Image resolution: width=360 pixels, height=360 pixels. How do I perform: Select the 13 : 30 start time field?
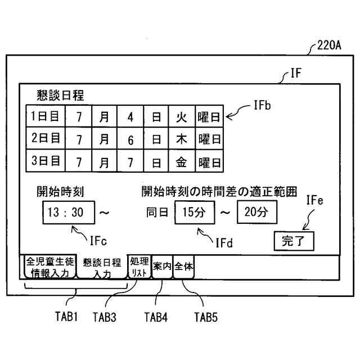pyautogui.click(x=66, y=212)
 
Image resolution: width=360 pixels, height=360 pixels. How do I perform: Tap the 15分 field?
pyautogui.click(x=195, y=212)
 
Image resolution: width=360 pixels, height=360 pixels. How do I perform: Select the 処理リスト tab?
pyautogui.click(x=139, y=267)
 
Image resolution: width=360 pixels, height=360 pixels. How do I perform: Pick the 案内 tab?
pyautogui.click(x=162, y=267)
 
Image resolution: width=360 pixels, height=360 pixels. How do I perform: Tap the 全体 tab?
pyautogui.click(x=184, y=266)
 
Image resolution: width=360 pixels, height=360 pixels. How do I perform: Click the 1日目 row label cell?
pyautogui.click(x=45, y=118)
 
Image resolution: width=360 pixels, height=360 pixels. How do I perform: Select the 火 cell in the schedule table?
pyautogui.click(x=181, y=118)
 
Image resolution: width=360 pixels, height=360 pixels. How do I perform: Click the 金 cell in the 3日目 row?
pyautogui.click(x=181, y=163)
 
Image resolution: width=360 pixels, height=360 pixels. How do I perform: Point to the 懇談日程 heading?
pyautogui.click(x=60, y=94)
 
